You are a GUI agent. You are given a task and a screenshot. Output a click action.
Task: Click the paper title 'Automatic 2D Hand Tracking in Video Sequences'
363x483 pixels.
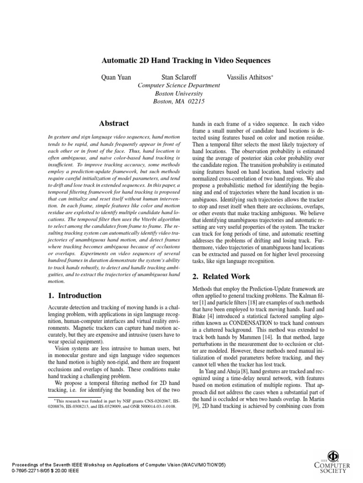(186, 61)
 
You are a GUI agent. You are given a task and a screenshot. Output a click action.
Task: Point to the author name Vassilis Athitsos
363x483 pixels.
(247, 76)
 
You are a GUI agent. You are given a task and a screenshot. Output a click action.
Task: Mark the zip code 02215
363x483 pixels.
(197, 101)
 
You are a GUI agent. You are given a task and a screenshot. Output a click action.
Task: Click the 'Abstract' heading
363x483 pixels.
(113, 124)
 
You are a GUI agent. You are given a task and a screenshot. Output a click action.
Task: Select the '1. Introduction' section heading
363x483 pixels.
(75, 296)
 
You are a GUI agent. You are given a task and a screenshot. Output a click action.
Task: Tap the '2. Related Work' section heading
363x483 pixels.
(221, 276)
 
